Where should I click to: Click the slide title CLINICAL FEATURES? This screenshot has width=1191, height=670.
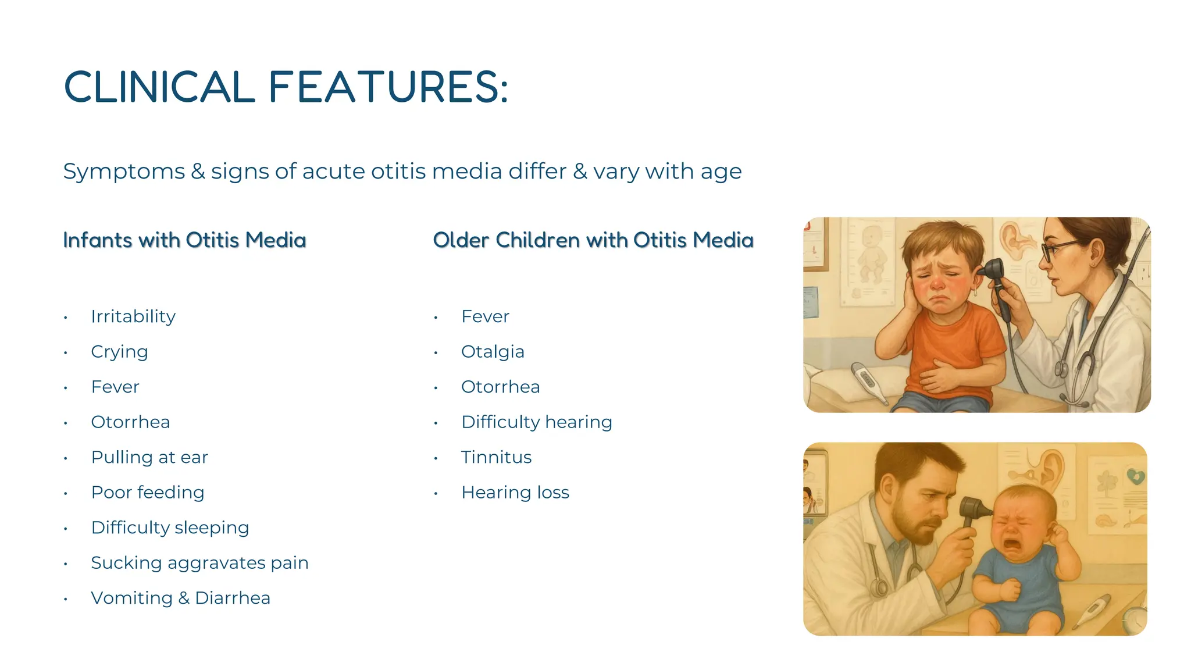pos(286,87)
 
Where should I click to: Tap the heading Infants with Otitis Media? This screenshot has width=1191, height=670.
pos(184,240)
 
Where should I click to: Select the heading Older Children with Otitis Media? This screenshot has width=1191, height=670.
pos(593,240)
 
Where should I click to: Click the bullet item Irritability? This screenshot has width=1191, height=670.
pos(133,316)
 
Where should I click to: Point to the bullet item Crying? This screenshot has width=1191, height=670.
pos(119,352)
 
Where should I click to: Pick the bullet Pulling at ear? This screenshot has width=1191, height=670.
pos(149,457)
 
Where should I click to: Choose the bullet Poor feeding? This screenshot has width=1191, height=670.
pos(148,493)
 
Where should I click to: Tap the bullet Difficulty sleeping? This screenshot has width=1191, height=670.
pos(170,528)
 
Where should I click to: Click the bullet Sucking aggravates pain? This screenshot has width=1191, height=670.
pos(199,563)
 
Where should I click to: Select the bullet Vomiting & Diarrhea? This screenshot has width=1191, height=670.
pos(180,598)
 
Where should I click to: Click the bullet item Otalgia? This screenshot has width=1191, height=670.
pos(493,352)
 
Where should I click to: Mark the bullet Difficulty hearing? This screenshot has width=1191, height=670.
pos(536,422)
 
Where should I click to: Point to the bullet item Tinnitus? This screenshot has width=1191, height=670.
pos(496,457)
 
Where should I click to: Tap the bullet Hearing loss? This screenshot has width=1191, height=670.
pos(515,493)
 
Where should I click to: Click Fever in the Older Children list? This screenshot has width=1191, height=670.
pos(485,316)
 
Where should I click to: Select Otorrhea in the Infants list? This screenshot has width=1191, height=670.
pos(130,422)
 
